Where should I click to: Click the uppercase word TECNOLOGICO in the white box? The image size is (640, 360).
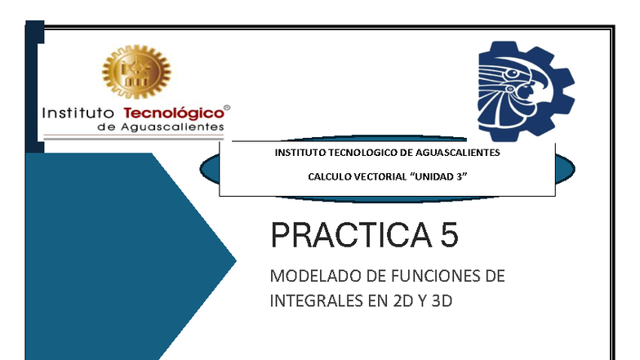[x=354, y=153]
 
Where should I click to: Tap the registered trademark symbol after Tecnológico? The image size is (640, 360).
[x=227, y=107]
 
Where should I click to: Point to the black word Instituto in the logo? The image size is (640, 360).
[x=78, y=113]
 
